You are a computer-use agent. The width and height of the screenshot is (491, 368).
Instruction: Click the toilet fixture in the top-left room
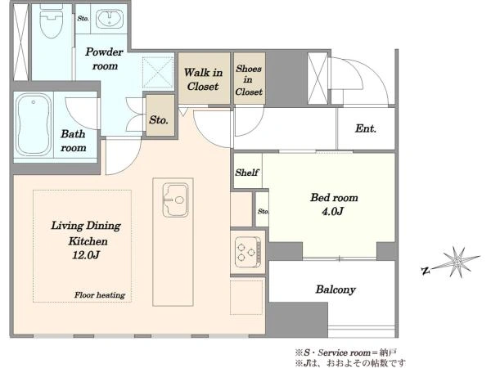pos(52,20)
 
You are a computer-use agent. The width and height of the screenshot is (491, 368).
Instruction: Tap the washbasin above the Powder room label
pos(110,19)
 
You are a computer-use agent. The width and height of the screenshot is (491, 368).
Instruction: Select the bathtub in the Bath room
pos(34,124)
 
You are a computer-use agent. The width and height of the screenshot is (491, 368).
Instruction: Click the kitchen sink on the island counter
pos(175,200)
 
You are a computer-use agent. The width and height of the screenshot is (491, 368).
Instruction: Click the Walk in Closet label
pos(203,79)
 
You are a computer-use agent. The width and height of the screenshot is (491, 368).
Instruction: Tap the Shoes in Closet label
pos(249,80)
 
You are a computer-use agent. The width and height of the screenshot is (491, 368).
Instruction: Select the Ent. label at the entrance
pos(366,128)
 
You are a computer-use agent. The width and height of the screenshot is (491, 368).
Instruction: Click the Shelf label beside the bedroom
pos(247,172)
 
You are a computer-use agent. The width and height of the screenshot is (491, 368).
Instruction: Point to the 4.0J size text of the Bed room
pos(332,211)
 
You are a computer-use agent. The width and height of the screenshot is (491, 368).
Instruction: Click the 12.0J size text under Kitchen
pos(86,255)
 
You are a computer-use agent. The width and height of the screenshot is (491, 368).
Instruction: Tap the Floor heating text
pos(100,294)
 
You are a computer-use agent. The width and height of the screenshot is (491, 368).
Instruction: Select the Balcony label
pos(336,289)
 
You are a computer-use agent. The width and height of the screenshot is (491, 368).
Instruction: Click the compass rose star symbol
pos(457,262)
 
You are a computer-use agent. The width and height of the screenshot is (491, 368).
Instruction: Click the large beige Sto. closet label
pos(159,120)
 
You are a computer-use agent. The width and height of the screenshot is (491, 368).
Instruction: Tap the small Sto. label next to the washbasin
pos(83,19)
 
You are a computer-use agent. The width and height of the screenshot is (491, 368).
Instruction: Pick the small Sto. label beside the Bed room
pos(263,211)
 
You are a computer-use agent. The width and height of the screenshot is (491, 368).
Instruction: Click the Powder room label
pos(104,59)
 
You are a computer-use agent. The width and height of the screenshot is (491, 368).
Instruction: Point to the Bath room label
pos(74,141)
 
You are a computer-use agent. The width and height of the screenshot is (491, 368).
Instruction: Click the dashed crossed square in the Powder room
pos(158,72)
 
